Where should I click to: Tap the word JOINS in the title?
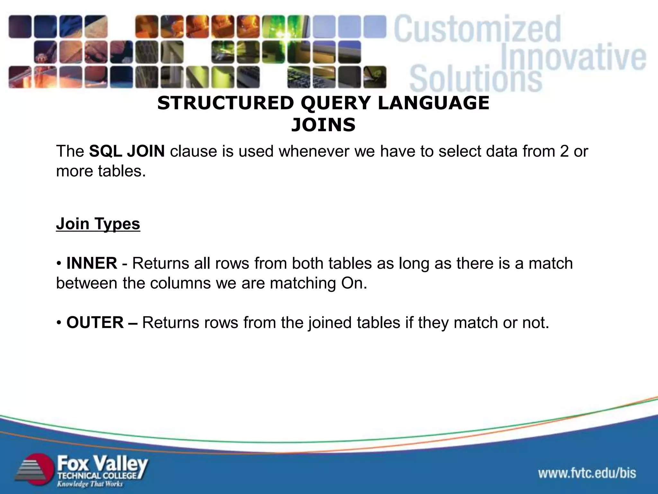tap(323, 125)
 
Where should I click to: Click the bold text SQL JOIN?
tap(127, 151)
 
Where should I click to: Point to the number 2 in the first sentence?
tap(564, 151)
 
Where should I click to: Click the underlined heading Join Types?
tap(98, 224)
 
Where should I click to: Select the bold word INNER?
tap(92, 263)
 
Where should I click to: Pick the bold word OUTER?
tap(95, 323)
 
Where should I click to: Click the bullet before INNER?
tap(59, 263)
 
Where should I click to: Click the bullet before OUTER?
tap(59, 323)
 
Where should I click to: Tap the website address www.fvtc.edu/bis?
tap(587, 473)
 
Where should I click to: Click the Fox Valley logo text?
tap(102, 463)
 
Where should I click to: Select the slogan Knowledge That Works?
tap(90, 484)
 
